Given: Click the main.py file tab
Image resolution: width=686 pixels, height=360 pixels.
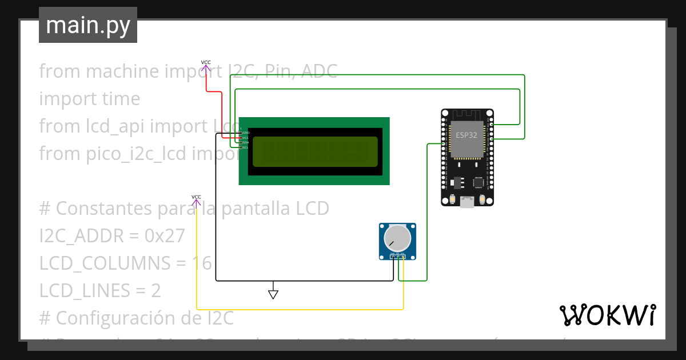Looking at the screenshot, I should [88, 25].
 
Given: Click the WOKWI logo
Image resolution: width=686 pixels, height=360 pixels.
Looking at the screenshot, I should [607, 315].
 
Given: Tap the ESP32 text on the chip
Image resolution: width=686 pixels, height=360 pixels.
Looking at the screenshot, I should [467, 135].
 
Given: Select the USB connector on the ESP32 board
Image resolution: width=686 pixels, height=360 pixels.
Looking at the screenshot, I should [467, 202].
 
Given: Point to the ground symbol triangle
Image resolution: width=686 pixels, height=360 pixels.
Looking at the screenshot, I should [273, 294].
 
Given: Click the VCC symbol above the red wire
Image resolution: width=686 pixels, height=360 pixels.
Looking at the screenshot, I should [206, 65].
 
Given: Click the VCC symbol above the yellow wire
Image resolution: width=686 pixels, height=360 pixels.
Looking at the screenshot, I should [196, 201].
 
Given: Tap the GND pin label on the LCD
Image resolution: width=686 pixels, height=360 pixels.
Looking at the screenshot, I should [246, 133].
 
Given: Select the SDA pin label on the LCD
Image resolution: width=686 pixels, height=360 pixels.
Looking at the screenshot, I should [246, 142].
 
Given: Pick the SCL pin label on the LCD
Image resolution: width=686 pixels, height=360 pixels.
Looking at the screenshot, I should [246, 147].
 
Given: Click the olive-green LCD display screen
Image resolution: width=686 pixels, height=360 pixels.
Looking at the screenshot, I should [315, 151].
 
